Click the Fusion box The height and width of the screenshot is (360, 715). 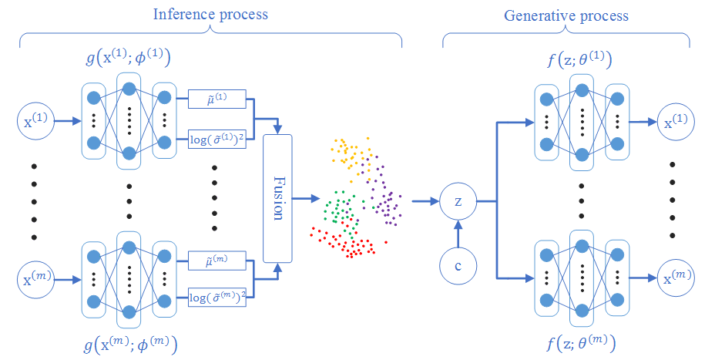click(277, 198)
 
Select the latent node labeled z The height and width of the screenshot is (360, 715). click(458, 200)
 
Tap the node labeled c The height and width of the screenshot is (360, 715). click(458, 266)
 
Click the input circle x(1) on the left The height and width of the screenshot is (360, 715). click(35, 121)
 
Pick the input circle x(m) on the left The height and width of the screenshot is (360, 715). click(35, 279)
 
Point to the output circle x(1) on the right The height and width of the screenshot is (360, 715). click(676, 122)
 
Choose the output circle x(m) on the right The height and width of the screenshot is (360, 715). click(676, 278)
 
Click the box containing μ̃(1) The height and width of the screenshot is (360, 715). click(217, 99)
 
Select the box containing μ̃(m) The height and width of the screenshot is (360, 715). click(217, 260)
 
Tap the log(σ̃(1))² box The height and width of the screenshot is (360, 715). click(217, 140)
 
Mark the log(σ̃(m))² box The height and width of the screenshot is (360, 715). click(217, 297)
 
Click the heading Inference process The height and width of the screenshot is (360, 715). click(210, 14)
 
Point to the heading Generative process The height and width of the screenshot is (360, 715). click(566, 15)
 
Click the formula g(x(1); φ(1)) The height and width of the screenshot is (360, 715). click(128, 59)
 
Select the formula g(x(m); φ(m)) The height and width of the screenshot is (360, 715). click(130, 345)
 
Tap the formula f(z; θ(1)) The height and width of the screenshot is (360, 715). click(579, 60)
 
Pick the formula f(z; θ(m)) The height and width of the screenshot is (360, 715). click(581, 343)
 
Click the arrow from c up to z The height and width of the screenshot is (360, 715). click(458, 234)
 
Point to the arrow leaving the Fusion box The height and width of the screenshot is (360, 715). click(306, 198)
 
